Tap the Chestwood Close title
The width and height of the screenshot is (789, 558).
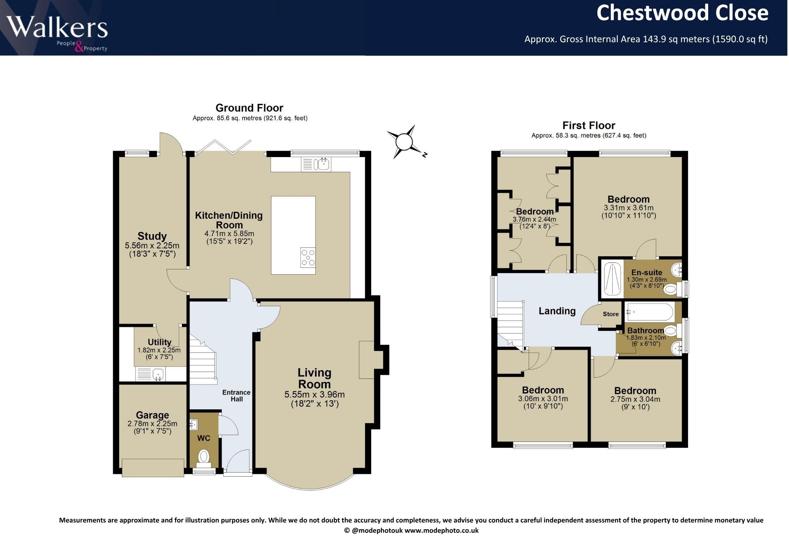682,13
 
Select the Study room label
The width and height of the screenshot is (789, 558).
152,236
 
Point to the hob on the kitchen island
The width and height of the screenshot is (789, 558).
308,257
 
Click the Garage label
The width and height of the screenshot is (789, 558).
152,415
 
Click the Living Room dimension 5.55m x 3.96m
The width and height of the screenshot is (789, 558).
314,395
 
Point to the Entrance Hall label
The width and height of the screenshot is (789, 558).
236,396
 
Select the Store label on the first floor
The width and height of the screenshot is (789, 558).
611,314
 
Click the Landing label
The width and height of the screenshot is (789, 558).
557,311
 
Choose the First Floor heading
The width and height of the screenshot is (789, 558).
589,125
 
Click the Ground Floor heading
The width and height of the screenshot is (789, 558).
249,108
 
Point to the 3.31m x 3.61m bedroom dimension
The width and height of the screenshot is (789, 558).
628,208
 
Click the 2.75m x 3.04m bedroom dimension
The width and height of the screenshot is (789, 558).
635,399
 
